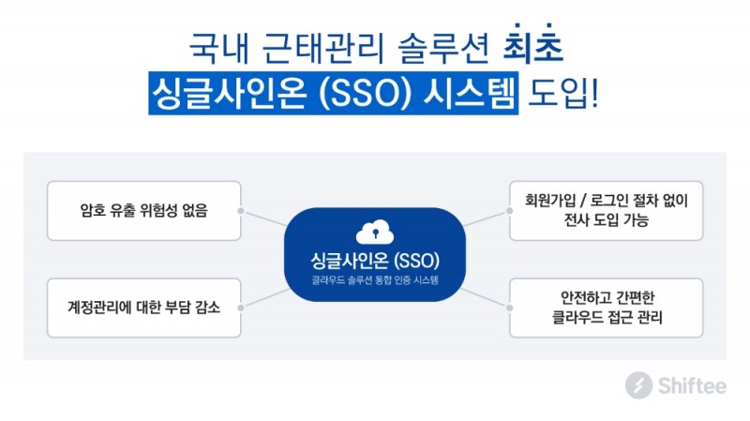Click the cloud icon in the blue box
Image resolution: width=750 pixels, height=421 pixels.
[x=374, y=232]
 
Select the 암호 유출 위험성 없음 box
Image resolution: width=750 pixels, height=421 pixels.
[x=144, y=211]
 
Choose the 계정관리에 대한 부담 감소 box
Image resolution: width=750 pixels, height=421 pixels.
[x=144, y=308]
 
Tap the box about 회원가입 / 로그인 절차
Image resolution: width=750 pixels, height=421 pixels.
[x=607, y=211]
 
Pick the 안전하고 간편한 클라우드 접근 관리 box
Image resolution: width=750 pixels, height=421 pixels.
[x=607, y=308]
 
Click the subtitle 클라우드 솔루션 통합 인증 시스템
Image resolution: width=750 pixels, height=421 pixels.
[x=374, y=279]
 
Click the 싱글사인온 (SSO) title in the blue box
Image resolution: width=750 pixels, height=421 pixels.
[x=374, y=259]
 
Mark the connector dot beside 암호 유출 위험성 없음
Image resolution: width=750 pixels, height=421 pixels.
[x=242, y=212]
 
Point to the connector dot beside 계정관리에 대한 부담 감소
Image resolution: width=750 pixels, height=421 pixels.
[x=242, y=308]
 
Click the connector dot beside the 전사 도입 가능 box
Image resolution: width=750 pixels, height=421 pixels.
[x=509, y=212]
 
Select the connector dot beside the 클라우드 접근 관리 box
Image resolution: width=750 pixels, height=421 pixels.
[x=509, y=308]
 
